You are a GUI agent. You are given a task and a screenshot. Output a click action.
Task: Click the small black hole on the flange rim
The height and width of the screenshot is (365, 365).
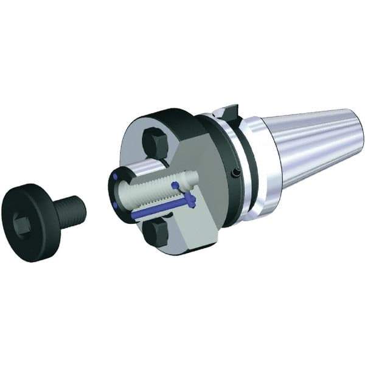click(x=235, y=174)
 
